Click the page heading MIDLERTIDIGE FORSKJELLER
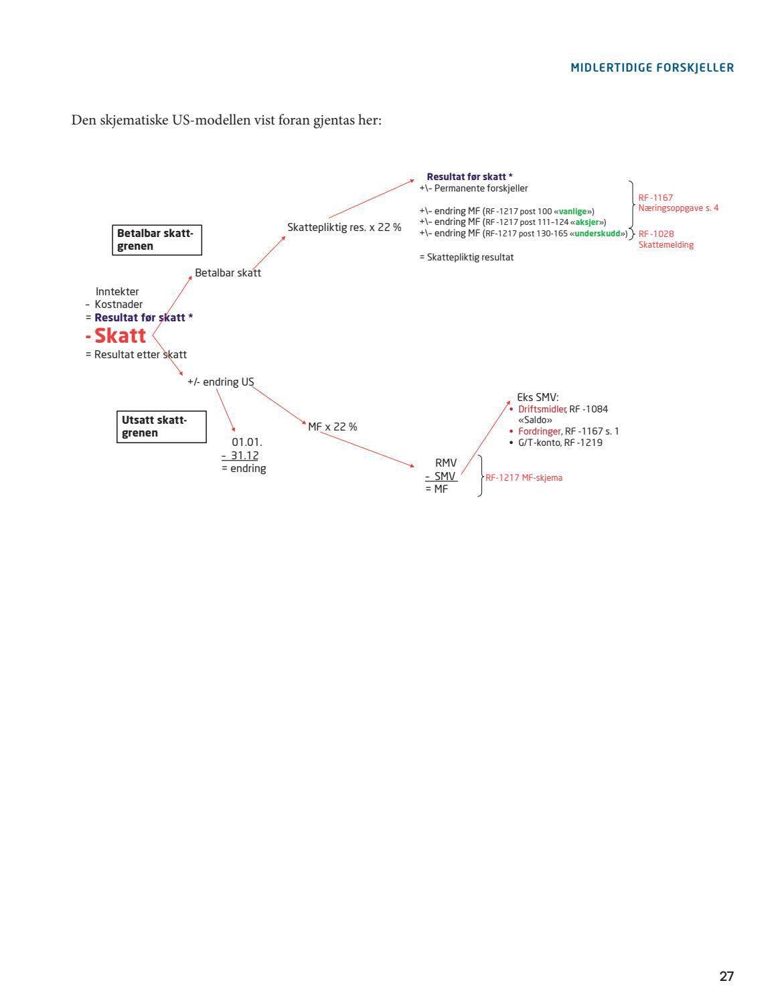tap(652, 68)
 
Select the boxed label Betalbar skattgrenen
tap(157, 240)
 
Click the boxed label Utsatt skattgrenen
tap(161, 427)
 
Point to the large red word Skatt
tap(120, 335)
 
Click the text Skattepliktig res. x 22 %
tap(344, 227)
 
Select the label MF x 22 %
tap(332, 427)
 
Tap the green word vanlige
tap(572, 212)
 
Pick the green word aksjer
tap(587, 222)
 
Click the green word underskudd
tap(597, 234)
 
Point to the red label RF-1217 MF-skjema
tap(524, 477)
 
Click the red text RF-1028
tap(656, 234)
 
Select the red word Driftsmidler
tap(542, 409)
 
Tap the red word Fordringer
tap(540, 431)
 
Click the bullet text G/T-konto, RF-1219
tap(560, 443)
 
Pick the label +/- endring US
tap(220, 382)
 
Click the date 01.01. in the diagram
tap(246, 443)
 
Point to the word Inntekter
tap(117, 291)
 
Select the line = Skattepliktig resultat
tap(467, 257)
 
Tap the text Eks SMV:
tap(538, 397)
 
